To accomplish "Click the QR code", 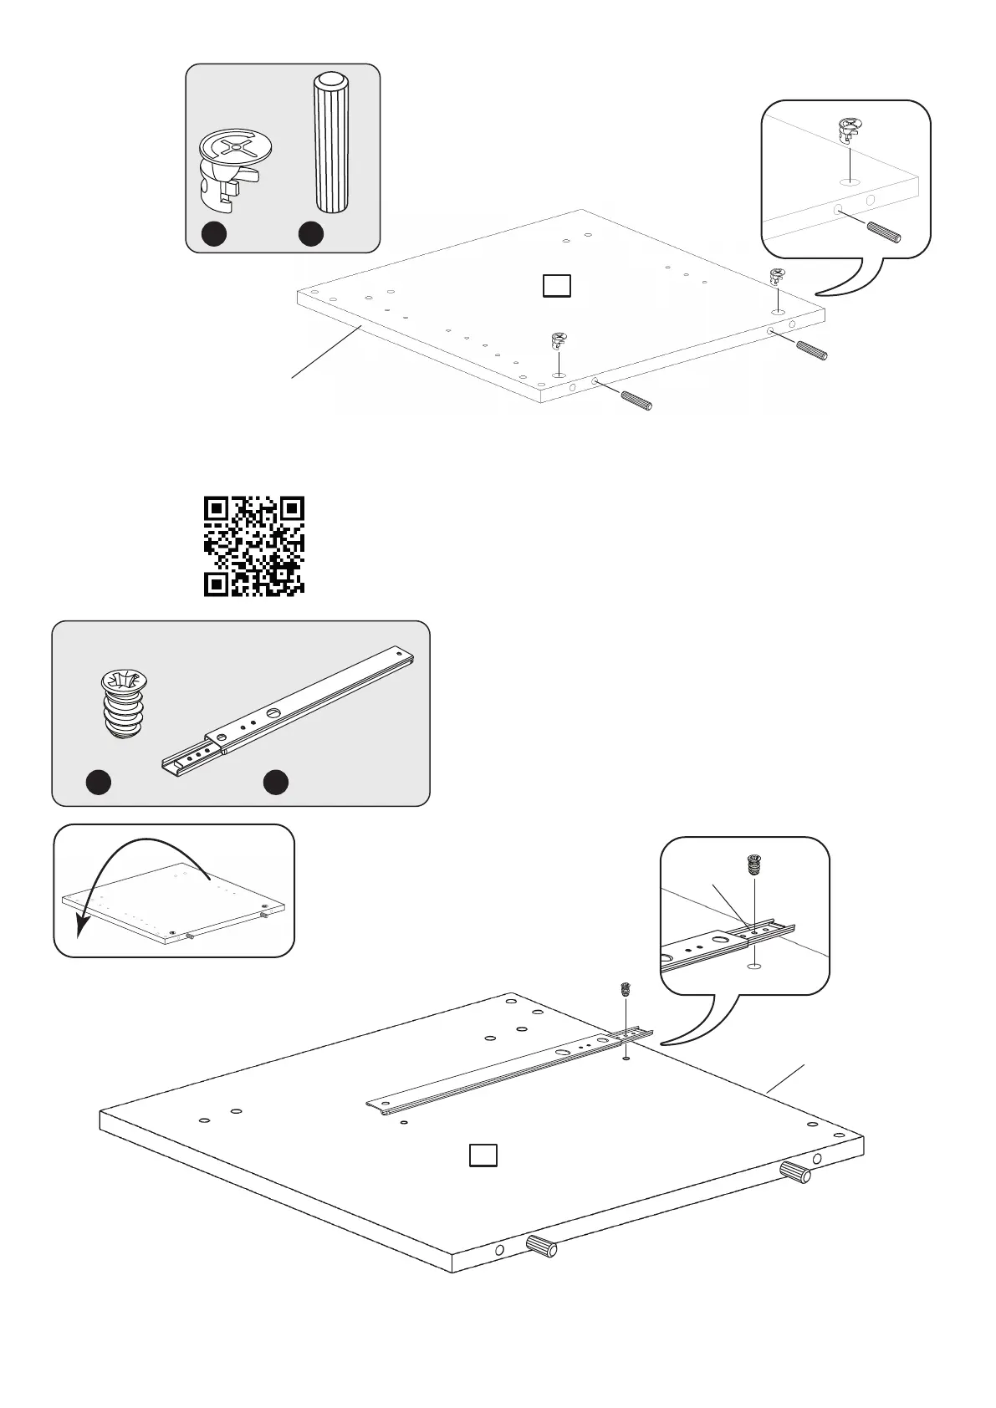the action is [254, 546].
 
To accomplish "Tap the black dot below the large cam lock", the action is [213, 235].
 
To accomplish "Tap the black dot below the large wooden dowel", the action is [311, 235].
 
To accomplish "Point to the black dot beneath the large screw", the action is [100, 782].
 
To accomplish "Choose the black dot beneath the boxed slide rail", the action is [276, 782].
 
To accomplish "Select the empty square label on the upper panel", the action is [557, 286].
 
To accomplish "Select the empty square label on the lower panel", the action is [483, 1155].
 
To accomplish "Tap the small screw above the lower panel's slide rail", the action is [624, 990].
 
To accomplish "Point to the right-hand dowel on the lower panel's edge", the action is [795, 1172].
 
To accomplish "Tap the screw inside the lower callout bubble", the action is [753, 865].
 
